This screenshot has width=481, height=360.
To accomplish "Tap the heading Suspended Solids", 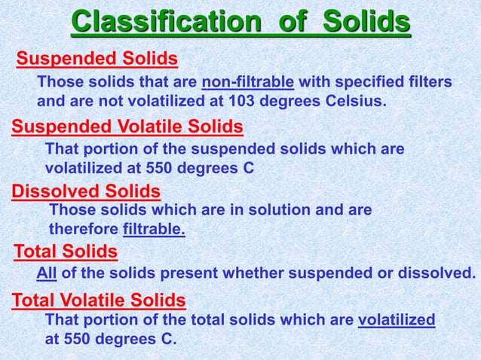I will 97,59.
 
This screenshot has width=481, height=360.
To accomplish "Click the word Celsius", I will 354,99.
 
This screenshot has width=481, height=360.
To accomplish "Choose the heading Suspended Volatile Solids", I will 127,126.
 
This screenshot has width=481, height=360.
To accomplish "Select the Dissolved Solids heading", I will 86,191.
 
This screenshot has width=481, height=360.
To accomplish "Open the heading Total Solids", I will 66,251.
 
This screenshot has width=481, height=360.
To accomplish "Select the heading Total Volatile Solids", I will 99,301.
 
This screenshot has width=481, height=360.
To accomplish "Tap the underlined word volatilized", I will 397,321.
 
